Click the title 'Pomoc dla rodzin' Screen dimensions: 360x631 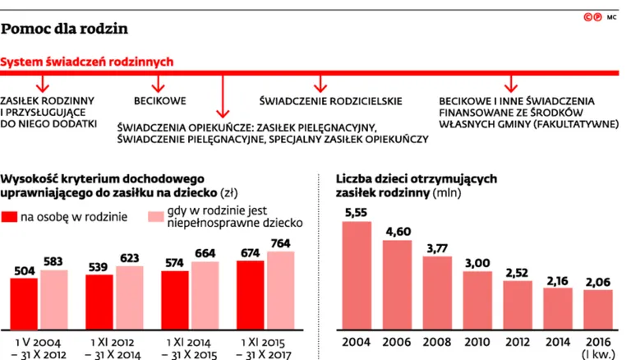coord(64,29)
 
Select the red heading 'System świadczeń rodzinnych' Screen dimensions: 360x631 coord(86,62)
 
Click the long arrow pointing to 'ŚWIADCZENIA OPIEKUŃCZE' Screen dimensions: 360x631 coord(221,97)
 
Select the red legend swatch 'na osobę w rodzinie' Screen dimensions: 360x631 coord(10,217)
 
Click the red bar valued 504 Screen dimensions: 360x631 coord(24,301)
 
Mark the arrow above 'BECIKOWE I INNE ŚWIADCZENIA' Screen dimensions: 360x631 coord(510,82)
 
